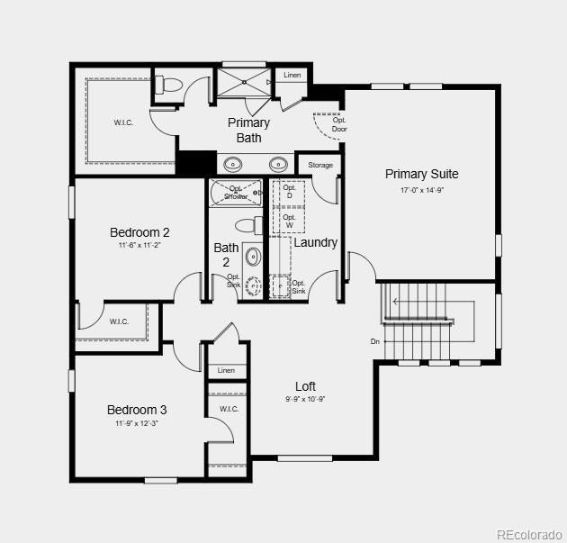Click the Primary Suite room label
pos(421,174)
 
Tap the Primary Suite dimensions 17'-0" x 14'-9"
pos(421,190)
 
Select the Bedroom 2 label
pos(139,232)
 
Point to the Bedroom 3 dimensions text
pos(137,423)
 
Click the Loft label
pos(306,386)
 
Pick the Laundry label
pos(316,242)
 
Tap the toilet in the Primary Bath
pos(169,85)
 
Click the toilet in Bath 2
pos(248,226)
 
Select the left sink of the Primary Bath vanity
pos(232,164)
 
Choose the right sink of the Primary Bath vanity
pos(278,164)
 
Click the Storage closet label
pos(320,165)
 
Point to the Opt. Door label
pos(339,124)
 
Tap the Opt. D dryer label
pos(289,192)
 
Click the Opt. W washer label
pos(289,221)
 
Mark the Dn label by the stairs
pos(375,341)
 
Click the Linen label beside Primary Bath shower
pos(292,75)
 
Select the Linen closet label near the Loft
pos(226,370)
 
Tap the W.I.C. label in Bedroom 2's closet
pos(119,321)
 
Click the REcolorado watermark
pos(529,534)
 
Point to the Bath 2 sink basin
pos(253,257)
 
